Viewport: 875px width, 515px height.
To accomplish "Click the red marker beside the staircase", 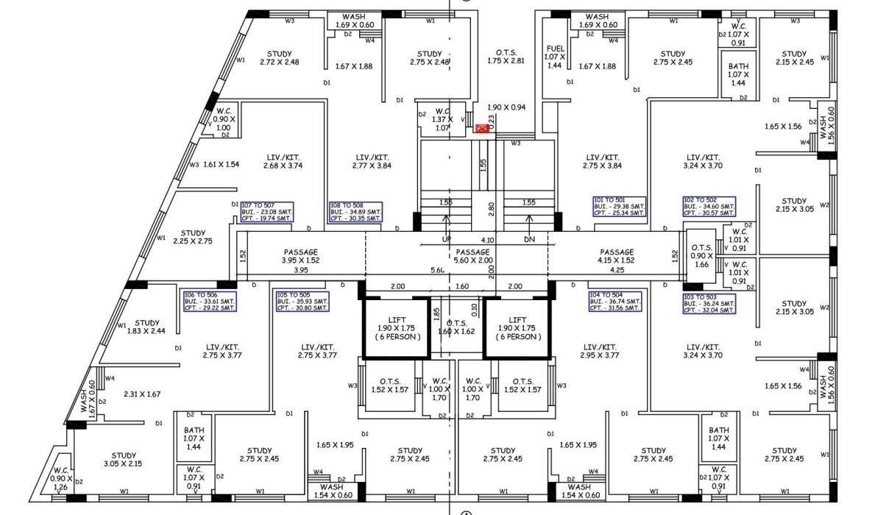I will [483, 128].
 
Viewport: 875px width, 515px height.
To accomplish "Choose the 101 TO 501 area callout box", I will [619, 207].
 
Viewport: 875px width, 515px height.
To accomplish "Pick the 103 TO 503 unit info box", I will [709, 304].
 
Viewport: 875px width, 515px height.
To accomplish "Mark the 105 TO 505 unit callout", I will [302, 302].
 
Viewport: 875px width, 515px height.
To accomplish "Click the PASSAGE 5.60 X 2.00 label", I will [472, 256].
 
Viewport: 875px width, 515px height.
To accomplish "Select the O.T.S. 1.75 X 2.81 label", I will [506, 57].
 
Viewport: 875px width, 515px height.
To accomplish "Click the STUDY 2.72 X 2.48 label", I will [280, 57].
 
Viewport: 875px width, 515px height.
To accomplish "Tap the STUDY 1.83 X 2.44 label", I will [147, 327].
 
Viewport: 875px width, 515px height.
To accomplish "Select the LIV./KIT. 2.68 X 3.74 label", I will [283, 161].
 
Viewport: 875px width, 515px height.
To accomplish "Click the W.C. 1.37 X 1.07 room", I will [442, 119].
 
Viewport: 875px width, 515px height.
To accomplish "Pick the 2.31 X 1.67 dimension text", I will [142, 394].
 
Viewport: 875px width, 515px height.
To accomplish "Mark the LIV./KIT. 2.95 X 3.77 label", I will [601, 351].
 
